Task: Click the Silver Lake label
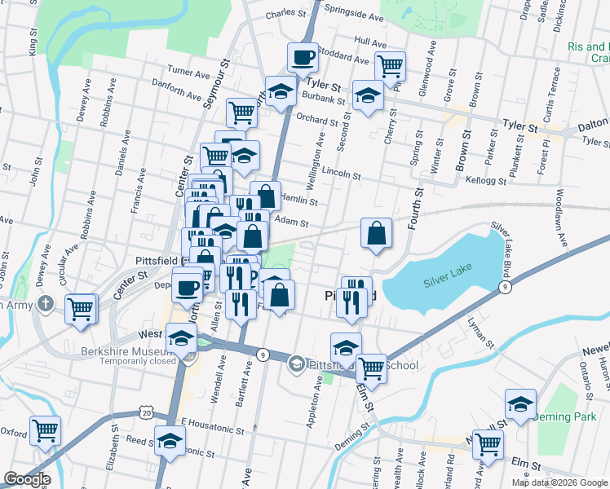[447, 282]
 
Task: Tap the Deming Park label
[564, 416]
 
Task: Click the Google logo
[26, 479]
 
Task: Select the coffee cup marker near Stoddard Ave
[303, 58]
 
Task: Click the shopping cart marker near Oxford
[46, 430]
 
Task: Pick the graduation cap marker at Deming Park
[519, 404]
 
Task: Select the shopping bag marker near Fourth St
[375, 234]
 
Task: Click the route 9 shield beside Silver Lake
[506, 288]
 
